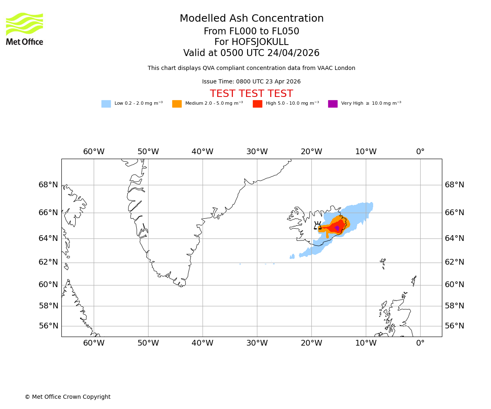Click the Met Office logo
click(x=25, y=29)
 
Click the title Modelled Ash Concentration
click(x=251, y=19)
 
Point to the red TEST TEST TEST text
click(x=251, y=94)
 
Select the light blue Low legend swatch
click(x=106, y=104)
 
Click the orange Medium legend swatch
click(x=177, y=104)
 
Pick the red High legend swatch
click(x=257, y=104)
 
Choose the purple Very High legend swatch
click(x=333, y=104)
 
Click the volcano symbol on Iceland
click(x=318, y=226)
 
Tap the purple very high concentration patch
click(x=337, y=228)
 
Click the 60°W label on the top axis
click(x=94, y=152)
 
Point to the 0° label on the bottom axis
click(x=420, y=343)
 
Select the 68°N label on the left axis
click(x=48, y=185)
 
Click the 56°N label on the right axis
click(x=455, y=326)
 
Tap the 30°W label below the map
click(x=257, y=343)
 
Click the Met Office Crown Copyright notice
click(x=68, y=397)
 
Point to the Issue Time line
click(x=251, y=82)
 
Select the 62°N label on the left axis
click(x=48, y=262)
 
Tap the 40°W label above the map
click(x=203, y=152)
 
